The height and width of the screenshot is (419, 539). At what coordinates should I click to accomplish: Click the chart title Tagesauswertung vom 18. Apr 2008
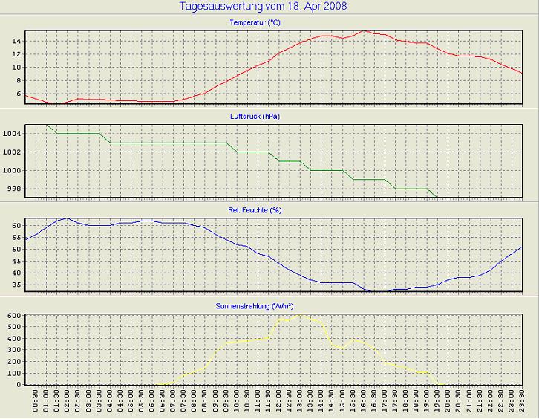tap(264, 7)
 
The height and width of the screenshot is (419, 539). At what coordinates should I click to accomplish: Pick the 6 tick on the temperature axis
tap(18, 94)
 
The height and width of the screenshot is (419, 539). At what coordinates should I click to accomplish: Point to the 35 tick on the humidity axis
tap(15, 285)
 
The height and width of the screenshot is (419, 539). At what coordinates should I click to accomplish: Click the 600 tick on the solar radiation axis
tap(13, 316)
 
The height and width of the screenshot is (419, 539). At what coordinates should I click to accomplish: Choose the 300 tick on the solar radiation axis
tap(13, 350)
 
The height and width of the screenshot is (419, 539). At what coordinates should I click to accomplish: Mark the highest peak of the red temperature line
tap(364, 31)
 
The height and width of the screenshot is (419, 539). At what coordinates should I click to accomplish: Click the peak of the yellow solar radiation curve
tap(300, 316)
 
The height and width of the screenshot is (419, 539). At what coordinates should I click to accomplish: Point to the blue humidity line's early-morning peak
tap(68, 218)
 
